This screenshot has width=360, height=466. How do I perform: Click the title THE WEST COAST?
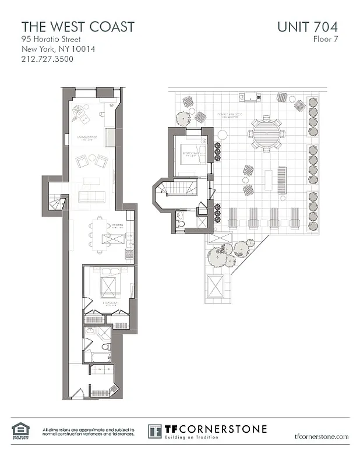pyautogui.click(x=78, y=26)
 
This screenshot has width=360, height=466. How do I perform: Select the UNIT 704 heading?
pyautogui.click(x=306, y=26)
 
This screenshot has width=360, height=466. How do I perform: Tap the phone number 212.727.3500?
pyautogui.click(x=47, y=59)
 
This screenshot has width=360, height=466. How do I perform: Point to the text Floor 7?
pyautogui.click(x=325, y=39)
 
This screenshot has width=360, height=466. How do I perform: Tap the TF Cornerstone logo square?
pyautogui.click(x=154, y=432)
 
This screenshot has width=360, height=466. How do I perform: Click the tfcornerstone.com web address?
pyautogui.click(x=322, y=436)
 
